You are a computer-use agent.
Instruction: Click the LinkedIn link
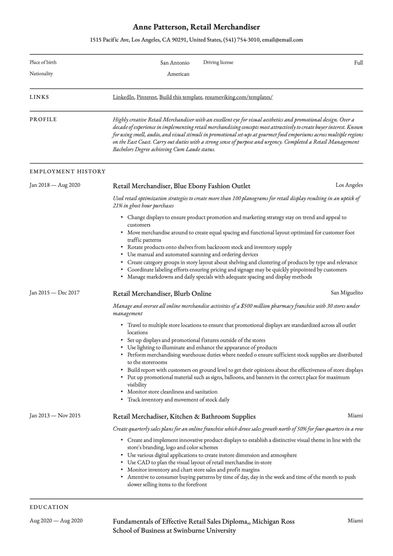[123, 97]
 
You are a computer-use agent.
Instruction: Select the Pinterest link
[147, 97]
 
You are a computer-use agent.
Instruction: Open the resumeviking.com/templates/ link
[239, 97]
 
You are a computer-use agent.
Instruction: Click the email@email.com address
[282, 40]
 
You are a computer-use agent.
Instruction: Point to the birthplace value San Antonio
[175, 63]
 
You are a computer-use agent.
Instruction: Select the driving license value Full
[358, 63]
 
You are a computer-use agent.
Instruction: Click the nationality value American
[178, 74]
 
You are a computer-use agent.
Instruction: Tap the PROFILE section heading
[43, 119]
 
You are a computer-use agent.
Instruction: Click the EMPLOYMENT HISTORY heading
[68, 172]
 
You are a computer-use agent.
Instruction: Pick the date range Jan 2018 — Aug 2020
[55, 185]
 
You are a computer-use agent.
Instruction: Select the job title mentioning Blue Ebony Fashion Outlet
[181, 186]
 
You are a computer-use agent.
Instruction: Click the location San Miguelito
[347, 293]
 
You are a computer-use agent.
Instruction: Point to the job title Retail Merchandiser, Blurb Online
[162, 293]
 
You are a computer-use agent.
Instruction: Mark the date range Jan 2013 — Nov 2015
[55, 416]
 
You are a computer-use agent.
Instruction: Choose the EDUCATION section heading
[49, 507]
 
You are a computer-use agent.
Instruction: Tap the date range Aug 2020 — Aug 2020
[56, 521]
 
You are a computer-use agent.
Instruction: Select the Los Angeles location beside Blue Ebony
[349, 185]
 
